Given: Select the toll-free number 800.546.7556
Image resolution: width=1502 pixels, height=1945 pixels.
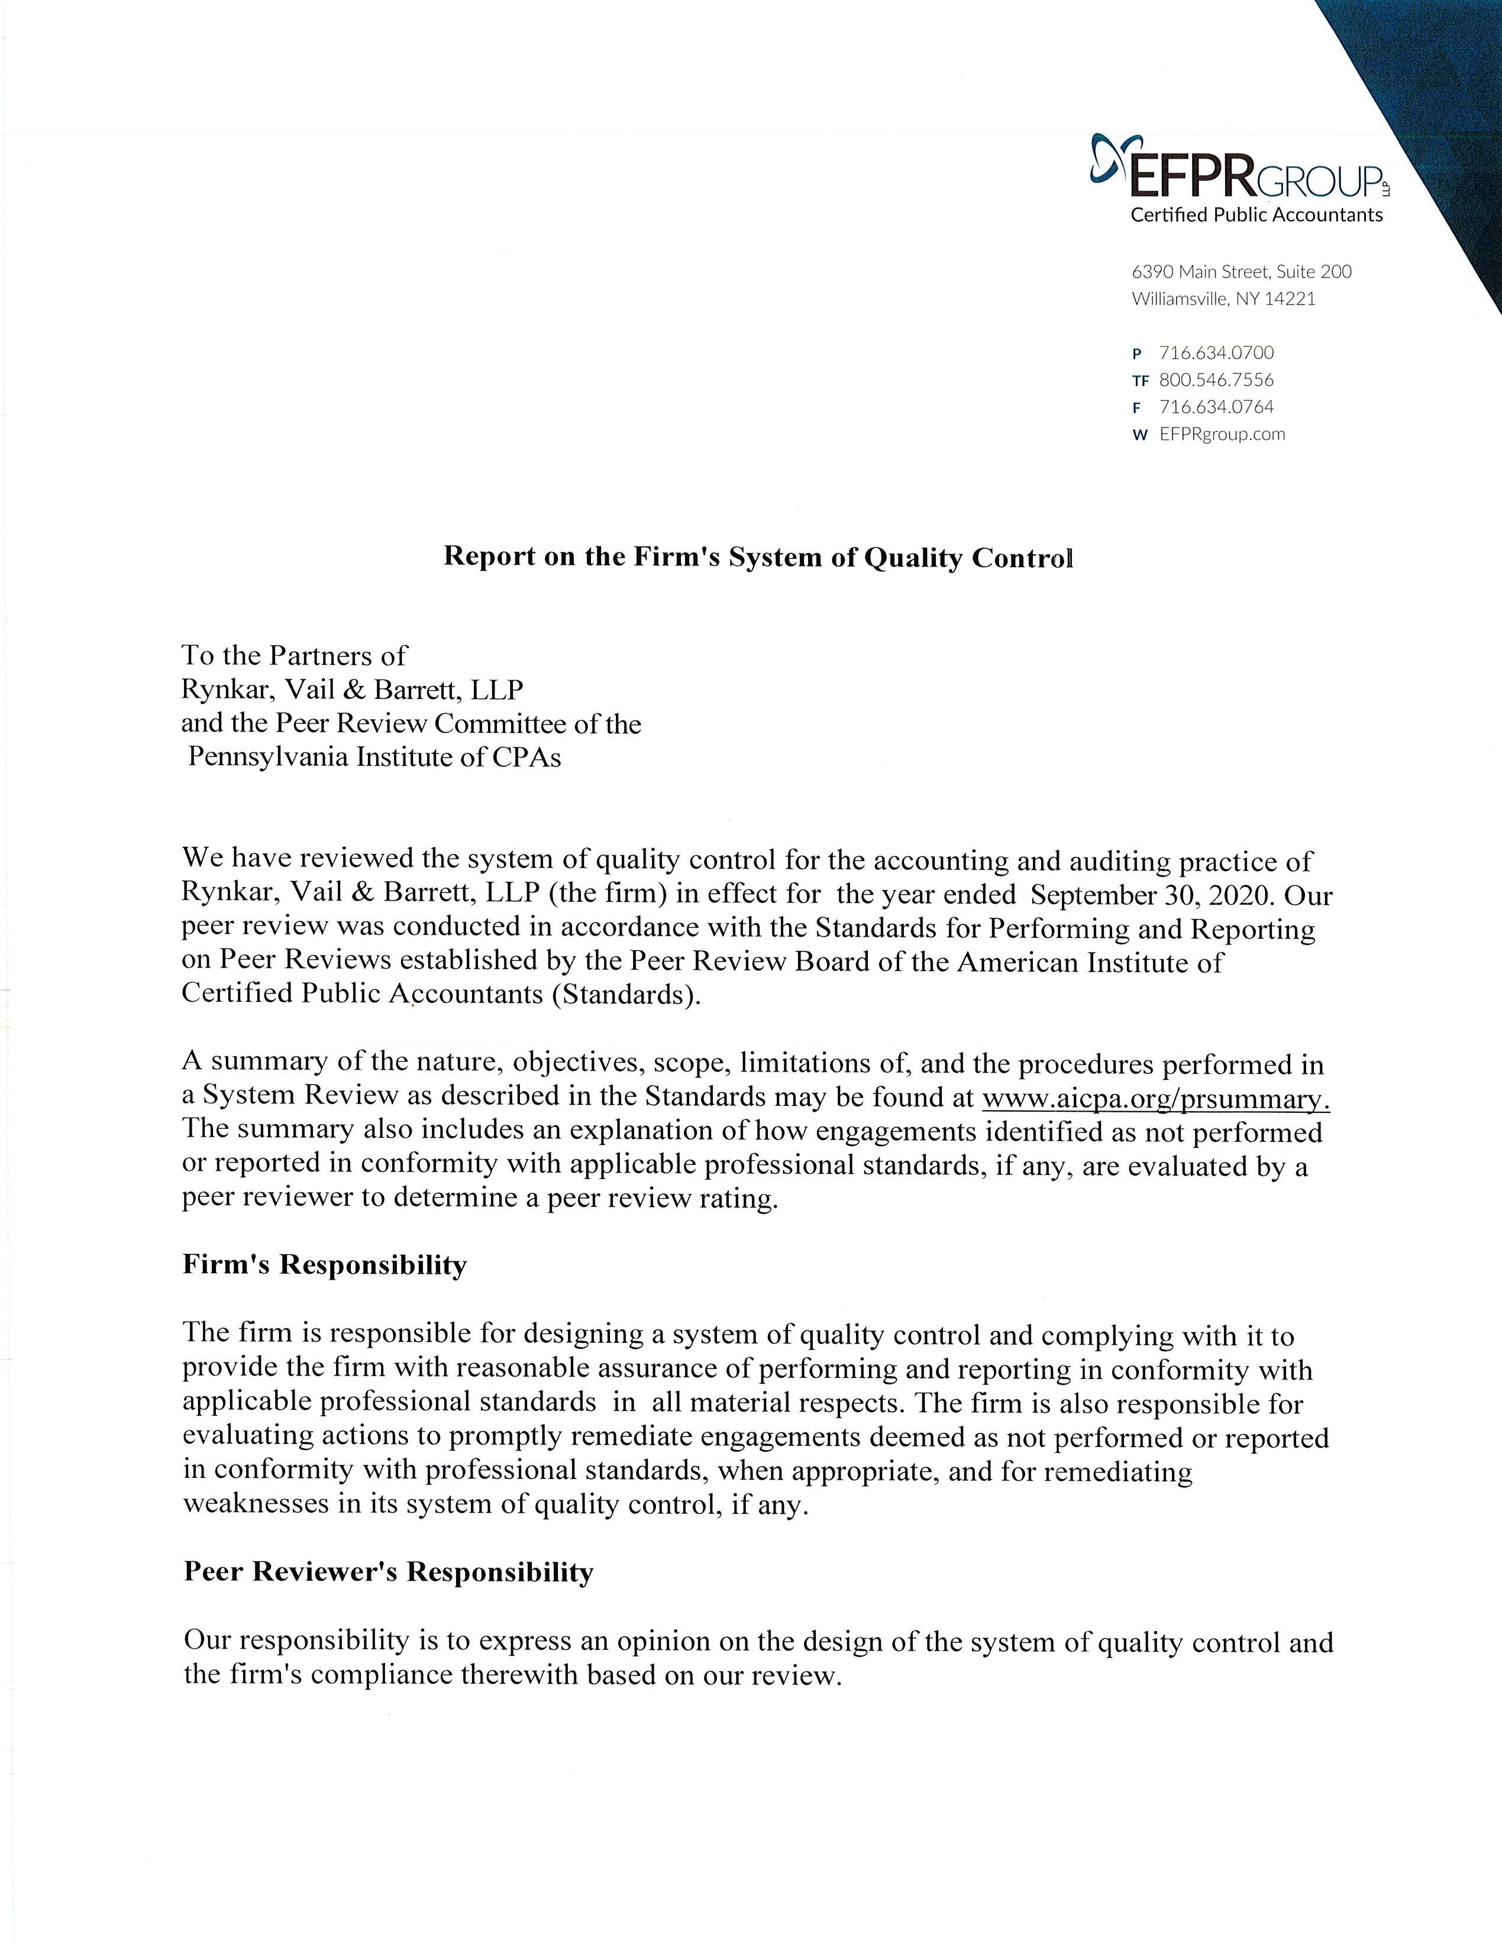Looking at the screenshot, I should (x=1216, y=380).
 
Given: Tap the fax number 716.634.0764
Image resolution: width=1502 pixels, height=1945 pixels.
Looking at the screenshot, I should (x=1216, y=407).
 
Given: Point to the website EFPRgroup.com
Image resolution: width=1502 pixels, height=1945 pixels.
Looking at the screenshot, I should (x=1222, y=435).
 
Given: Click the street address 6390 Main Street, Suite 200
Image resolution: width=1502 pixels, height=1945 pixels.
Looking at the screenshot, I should (x=1241, y=271).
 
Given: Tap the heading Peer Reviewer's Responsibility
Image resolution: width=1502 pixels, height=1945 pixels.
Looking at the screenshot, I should (x=389, y=1571).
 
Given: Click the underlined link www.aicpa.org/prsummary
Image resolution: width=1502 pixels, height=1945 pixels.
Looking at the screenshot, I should (x=1155, y=1099).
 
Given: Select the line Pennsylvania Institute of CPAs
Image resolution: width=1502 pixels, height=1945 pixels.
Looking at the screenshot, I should (x=374, y=757).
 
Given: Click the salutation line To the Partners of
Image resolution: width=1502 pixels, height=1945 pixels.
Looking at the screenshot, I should (x=294, y=655).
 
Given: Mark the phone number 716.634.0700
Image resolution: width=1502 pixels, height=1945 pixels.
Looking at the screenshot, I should (x=1216, y=352).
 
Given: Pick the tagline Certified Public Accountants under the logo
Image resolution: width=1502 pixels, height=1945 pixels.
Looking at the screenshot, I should (x=1256, y=215).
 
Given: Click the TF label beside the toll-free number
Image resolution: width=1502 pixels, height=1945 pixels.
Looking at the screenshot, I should (x=1141, y=381).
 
